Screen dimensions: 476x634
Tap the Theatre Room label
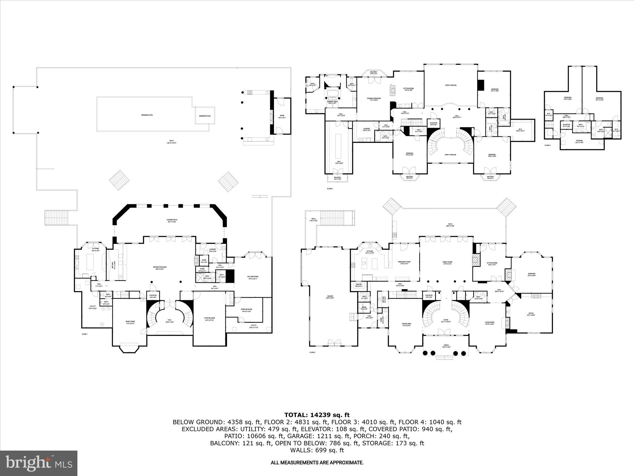click(x=209, y=319)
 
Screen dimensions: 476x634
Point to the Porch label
click(x=446, y=346)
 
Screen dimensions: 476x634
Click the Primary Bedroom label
click(x=374, y=99)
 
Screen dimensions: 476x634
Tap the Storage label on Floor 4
click(x=579, y=141)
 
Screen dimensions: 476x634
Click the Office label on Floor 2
click(x=531, y=314)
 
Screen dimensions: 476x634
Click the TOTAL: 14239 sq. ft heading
click(x=317, y=415)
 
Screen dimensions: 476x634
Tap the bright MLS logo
click(x=39, y=463)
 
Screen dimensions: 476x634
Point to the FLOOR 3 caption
click(x=330, y=188)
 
